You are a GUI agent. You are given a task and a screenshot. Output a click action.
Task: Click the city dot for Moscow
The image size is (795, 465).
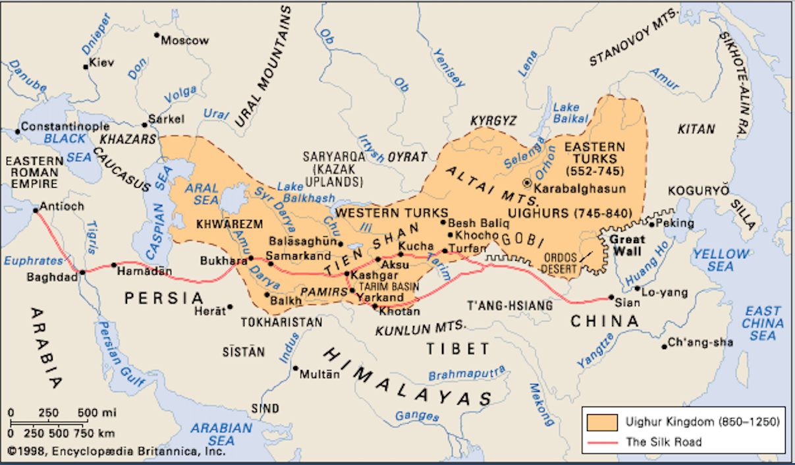pos(157,36)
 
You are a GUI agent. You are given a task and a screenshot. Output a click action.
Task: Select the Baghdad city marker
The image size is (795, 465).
pos(82,272)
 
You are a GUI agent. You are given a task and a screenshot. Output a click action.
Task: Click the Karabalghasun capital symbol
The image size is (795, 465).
pos(526,182)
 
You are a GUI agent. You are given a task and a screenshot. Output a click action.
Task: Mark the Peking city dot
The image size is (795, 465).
pos(651,224)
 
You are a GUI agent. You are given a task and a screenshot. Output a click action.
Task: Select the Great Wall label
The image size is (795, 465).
pos(625,245)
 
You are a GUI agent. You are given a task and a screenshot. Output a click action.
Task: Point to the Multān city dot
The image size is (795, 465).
pos(296,368)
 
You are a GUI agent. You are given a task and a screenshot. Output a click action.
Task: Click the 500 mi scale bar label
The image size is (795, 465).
pos(96,412)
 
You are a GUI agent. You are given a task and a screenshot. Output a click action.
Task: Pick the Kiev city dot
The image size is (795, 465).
pos(85,66)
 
